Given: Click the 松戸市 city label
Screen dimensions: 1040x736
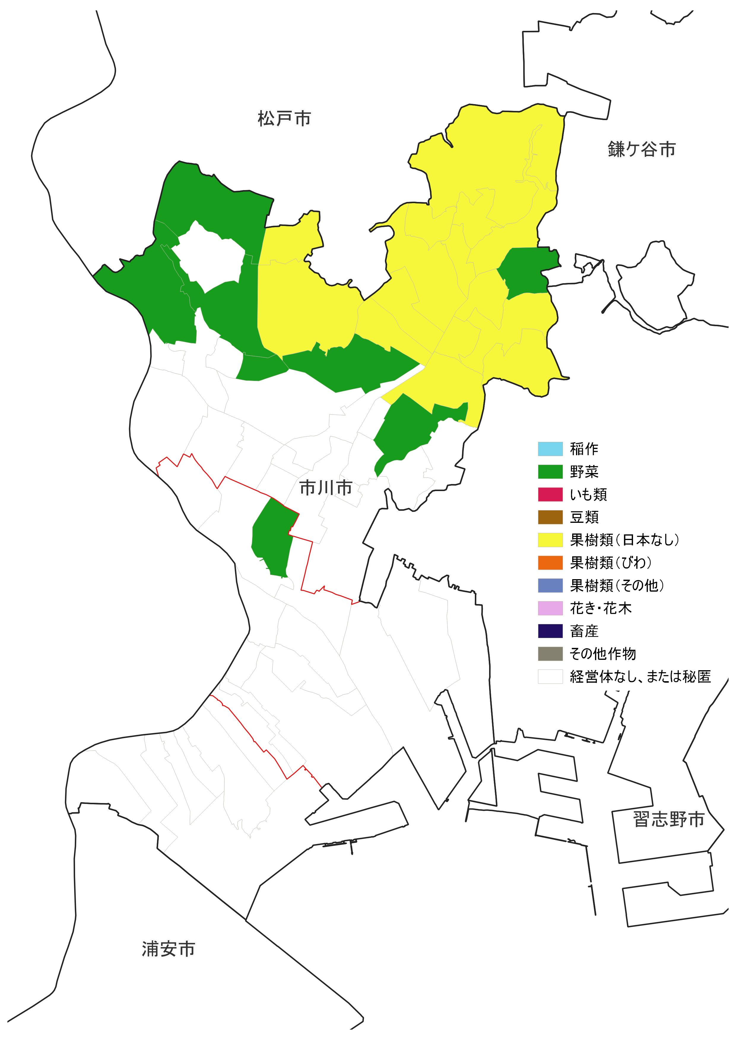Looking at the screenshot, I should [x=284, y=119].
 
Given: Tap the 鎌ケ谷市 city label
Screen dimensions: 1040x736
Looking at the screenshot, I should [x=641, y=149].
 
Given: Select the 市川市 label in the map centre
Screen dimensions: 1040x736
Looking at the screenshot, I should [x=325, y=488].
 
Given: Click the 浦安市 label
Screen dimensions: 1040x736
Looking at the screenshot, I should [x=168, y=949].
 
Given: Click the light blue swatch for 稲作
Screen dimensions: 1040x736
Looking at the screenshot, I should [x=550, y=449].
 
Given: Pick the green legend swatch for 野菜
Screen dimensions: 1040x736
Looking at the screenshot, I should [x=550, y=472].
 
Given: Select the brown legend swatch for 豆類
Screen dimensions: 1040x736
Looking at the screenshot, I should [x=550, y=517].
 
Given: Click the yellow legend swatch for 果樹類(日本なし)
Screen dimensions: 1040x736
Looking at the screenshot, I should [x=550, y=540].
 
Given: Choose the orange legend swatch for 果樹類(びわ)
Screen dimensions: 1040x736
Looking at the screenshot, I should [x=550, y=563].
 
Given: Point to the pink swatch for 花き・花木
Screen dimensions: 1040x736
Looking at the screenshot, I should [x=550, y=608].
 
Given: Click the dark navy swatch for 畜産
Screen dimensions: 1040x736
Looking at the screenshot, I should [x=550, y=631].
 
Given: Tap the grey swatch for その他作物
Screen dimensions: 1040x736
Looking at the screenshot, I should [x=550, y=654].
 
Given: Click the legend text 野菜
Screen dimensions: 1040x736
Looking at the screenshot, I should [x=584, y=472].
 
